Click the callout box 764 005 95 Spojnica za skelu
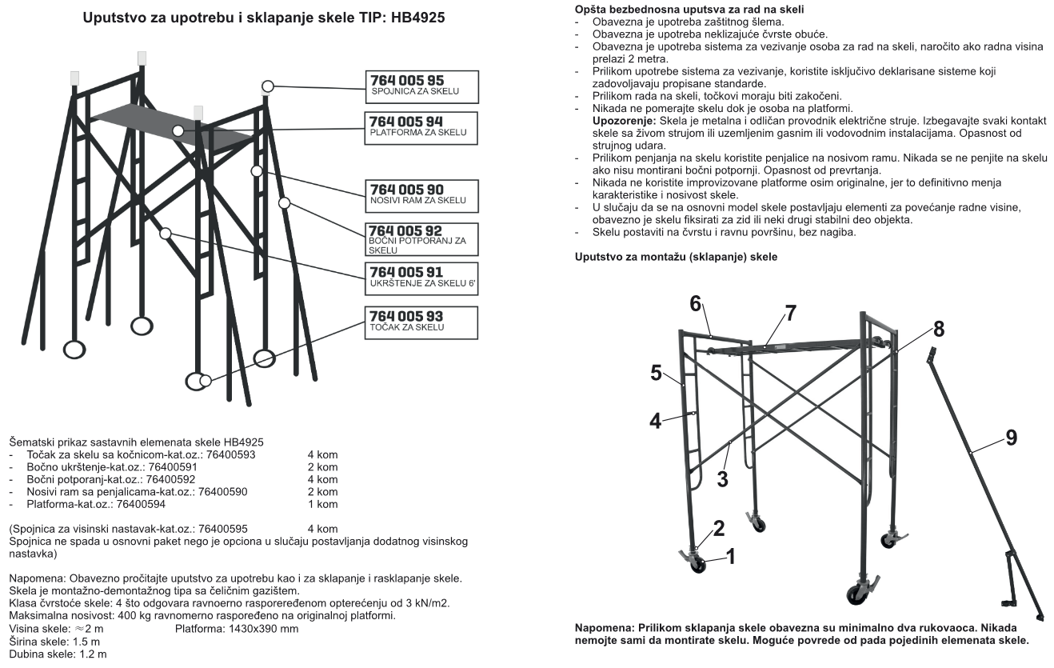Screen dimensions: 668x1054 click(421, 86)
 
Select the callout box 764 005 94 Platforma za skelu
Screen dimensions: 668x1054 click(421, 128)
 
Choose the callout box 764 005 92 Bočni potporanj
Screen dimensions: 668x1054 click(421, 239)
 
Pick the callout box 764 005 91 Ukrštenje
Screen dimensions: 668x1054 click(421, 278)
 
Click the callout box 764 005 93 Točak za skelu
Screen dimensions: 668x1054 click(421, 322)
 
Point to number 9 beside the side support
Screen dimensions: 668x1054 click(1011, 438)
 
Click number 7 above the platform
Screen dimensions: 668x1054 click(790, 313)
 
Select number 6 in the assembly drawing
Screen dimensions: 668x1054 click(696, 303)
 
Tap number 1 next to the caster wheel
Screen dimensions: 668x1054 click(730, 553)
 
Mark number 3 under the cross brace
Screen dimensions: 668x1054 click(722, 478)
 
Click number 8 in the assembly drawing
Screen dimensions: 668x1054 click(938, 329)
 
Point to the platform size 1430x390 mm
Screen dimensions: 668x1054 click(237, 629)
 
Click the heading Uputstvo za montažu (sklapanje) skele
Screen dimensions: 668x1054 click(677, 257)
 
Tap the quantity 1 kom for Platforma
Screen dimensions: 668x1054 click(322, 505)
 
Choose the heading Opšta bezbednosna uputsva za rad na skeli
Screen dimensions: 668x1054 click(689, 8)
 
